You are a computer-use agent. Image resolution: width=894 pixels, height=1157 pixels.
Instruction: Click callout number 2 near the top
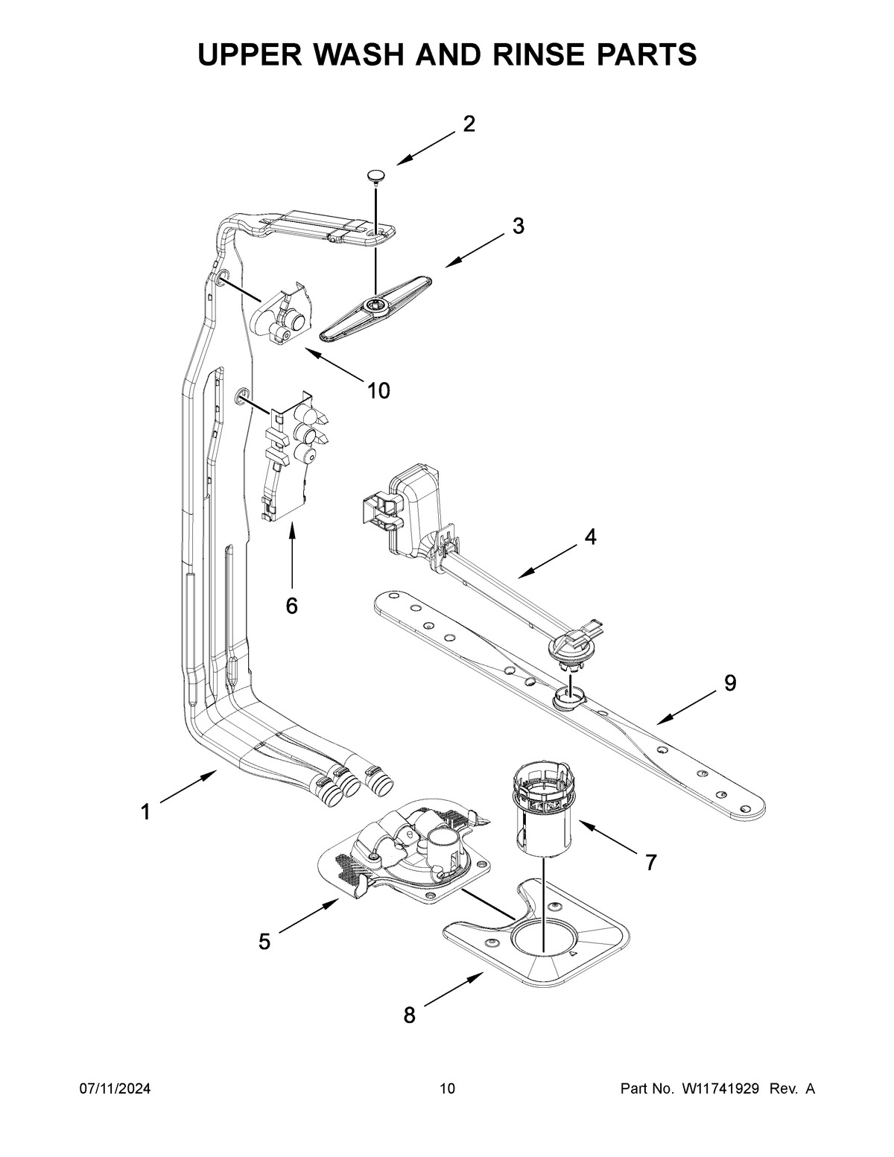pyautogui.click(x=469, y=124)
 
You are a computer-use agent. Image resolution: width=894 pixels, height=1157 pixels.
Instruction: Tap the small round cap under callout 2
pyautogui.click(x=376, y=176)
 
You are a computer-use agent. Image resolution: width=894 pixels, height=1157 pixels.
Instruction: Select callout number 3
pyautogui.click(x=518, y=226)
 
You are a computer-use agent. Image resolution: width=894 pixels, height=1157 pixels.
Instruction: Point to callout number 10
pyautogui.click(x=378, y=390)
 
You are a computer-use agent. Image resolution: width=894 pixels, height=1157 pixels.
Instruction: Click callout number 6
pyautogui.click(x=291, y=606)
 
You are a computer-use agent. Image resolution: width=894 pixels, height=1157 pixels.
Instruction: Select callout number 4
pyautogui.click(x=589, y=536)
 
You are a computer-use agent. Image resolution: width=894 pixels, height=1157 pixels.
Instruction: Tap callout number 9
pyautogui.click(x=729, y=682)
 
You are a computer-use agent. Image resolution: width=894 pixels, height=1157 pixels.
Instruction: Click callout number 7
pyautogui.click(x=650, y=862)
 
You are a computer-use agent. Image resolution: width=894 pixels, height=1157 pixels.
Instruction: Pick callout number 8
pyautogui.click(x=409, y=1015)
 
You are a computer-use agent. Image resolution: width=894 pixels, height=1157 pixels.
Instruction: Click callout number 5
pyautogui.click(x=264, y=942)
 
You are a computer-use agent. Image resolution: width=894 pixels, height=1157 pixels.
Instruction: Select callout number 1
pyautogui.click(x=146, y=811)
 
